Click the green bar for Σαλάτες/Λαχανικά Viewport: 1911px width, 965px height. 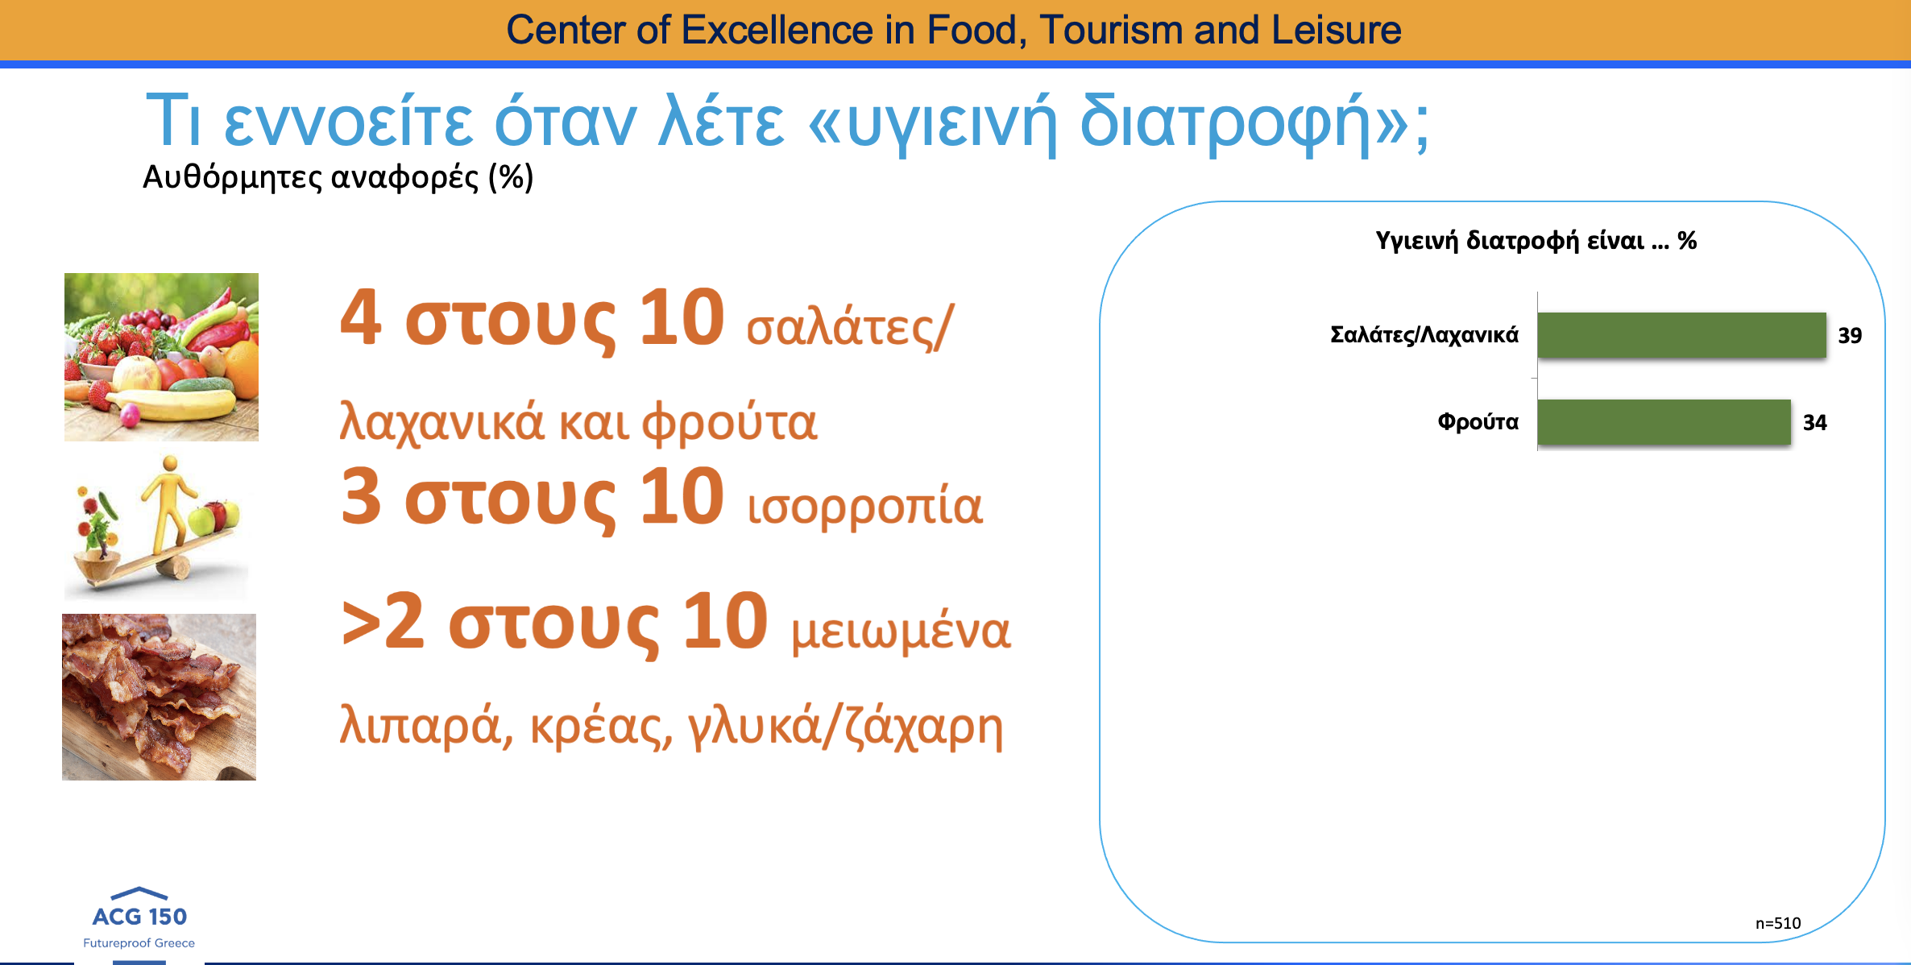1681,335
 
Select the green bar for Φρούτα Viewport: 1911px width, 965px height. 1664,422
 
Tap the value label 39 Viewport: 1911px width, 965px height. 1850,336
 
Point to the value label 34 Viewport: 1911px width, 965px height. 1815,423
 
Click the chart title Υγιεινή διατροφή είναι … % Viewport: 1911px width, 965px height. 1536,241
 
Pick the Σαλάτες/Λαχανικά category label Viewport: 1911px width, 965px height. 1424,335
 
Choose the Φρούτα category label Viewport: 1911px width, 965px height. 1478,422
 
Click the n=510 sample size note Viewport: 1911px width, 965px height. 1778,923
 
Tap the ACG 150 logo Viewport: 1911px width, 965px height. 139,918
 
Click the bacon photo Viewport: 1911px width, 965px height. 160,697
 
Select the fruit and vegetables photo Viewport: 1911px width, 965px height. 161,357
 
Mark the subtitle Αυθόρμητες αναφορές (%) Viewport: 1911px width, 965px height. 338,177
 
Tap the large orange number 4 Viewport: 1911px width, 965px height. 361,317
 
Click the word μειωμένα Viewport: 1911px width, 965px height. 901,631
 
